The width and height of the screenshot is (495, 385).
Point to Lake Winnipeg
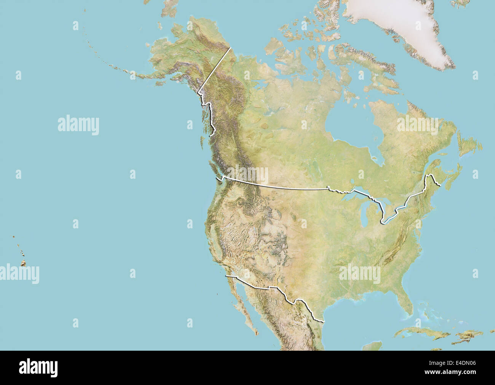(x=313, y=167)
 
